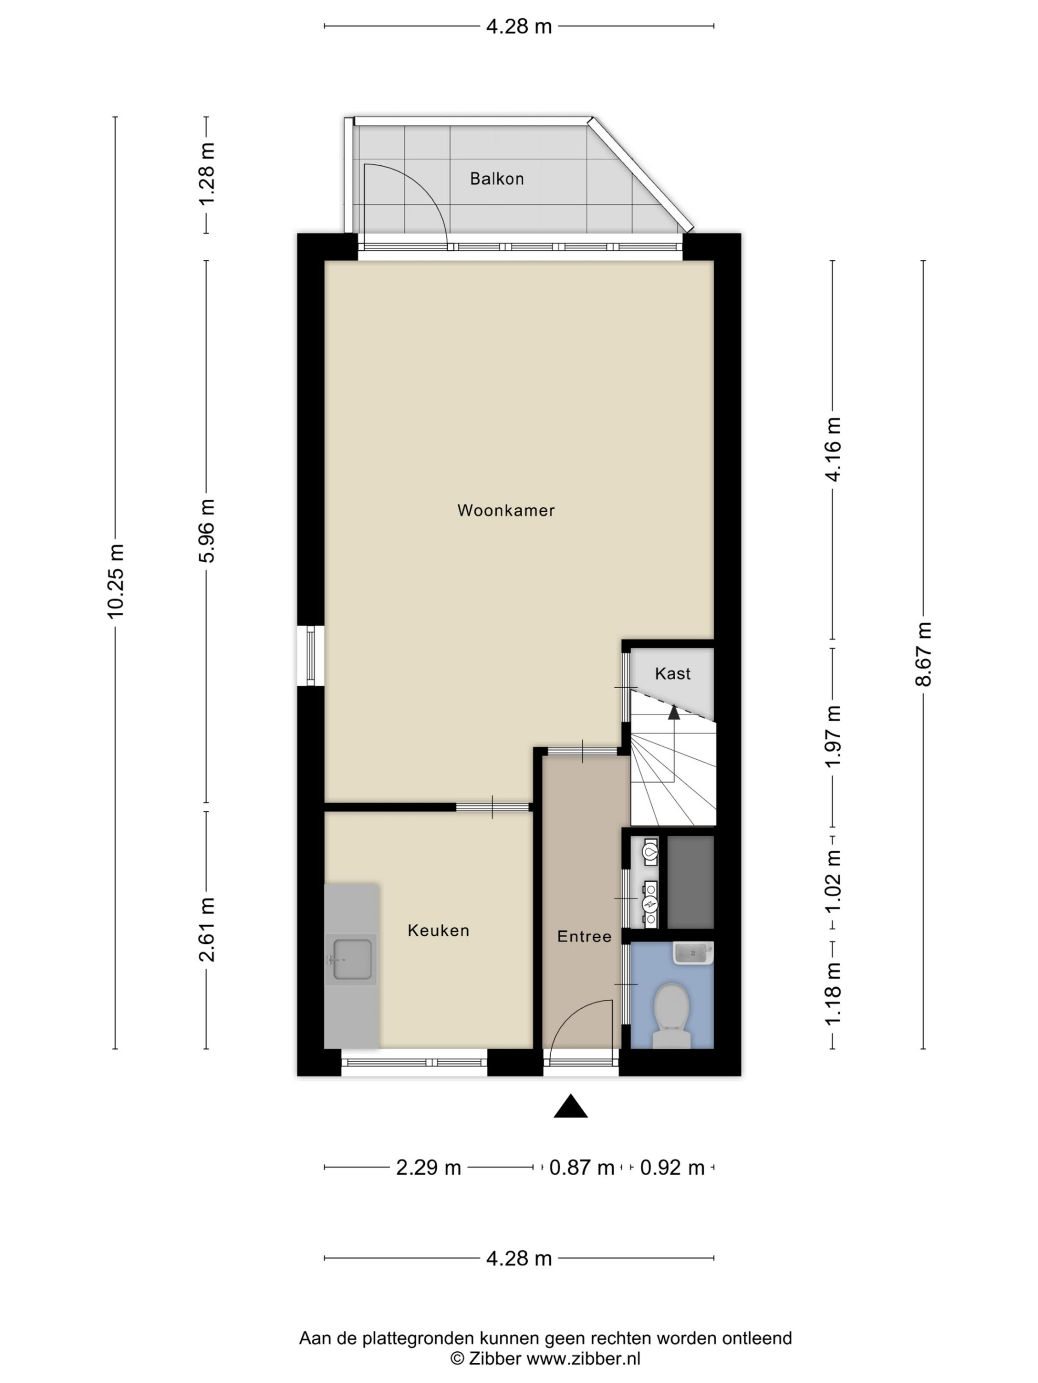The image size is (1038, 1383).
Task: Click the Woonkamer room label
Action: coord(506,510)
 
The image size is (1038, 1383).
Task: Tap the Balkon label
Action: coord(497,179)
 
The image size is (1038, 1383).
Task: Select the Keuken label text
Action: coord(438,930)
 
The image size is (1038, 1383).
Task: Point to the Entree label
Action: coord(584,936)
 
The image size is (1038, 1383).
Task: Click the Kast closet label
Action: coord(673,674)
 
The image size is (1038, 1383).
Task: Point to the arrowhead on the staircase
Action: coord(674,711)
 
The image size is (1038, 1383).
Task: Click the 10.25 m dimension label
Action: coord(116,581)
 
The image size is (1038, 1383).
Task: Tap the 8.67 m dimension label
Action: coord(923,654)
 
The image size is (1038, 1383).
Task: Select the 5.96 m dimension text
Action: coord(207,531)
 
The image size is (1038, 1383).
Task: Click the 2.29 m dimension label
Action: coord(429,1167)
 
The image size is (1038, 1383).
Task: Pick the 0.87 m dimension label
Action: coord(582,1167)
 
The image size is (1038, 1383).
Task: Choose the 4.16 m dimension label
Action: coord(833,449)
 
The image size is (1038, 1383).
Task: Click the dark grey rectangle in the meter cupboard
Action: coord(690,882)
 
